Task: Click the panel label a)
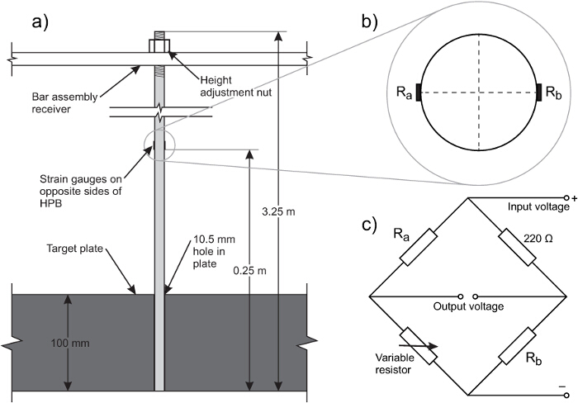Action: click(x=40, y=22)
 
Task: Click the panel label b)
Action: click(x=370, y=22)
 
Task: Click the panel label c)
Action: click(x=369, y=225)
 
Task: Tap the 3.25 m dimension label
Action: click(x=278, y=212)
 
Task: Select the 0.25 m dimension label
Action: click(x=249, y=271)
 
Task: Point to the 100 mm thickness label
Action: click(x=70, y=343)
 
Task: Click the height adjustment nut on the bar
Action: click(x=159, y=45)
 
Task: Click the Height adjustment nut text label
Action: click(x=236, y=86)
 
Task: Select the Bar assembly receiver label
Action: click(x=64, y=103)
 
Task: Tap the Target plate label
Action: click(x=74, y=249)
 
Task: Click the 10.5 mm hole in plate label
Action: click(x=214, y=251)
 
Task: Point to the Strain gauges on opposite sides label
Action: click(x=81, y=192)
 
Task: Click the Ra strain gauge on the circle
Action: click(x=419, y=92)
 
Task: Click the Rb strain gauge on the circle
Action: click(x=539, y=92)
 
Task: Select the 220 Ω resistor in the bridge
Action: click(x=517, y=247)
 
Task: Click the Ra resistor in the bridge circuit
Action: click(x=419, y=247)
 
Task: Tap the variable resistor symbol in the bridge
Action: click(x=419, y=346)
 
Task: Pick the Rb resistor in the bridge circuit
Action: click(x=517, y=346)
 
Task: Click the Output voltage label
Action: click(x=468, y=306)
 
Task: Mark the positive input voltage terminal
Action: click(x=567, y=198)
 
